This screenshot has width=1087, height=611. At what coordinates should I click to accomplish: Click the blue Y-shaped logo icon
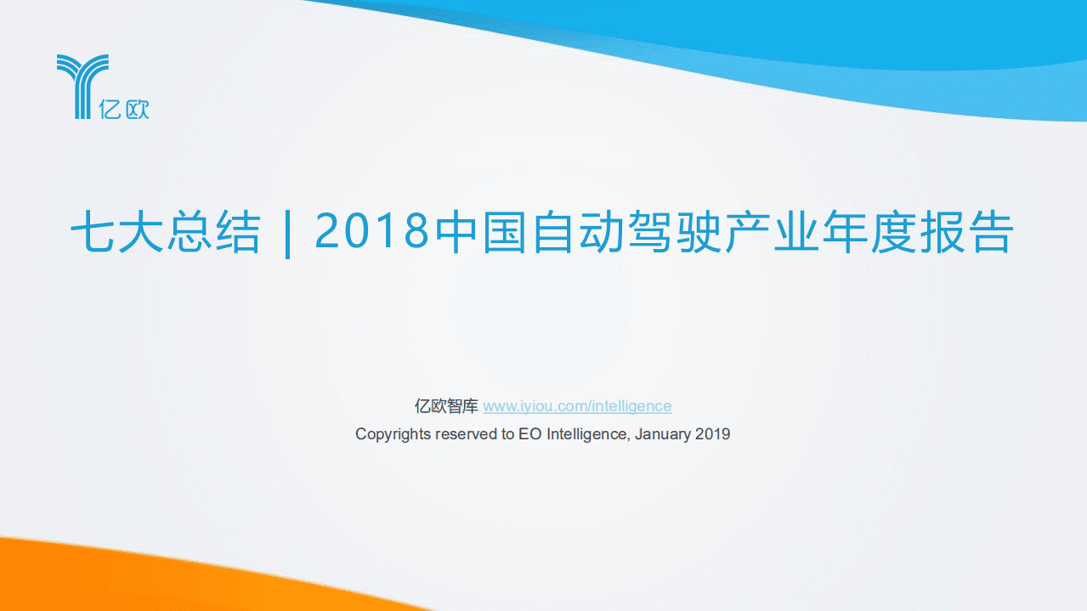[82, 85]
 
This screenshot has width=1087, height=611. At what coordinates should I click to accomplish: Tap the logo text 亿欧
[124, 109]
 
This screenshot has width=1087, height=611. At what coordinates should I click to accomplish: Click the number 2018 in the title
[371, 232]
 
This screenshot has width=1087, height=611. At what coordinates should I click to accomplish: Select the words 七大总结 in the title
[165, 232]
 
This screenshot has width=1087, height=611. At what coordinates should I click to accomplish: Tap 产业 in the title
[773, 232]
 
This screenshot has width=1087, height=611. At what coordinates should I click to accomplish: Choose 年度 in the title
[870, 232]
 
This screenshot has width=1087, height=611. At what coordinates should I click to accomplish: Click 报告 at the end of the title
[967, 232]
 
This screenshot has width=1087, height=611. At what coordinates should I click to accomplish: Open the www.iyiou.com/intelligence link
[577, 406]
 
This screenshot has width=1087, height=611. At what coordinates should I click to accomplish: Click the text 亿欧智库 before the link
[446, 406]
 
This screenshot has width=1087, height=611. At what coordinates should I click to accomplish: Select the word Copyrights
[393, 434]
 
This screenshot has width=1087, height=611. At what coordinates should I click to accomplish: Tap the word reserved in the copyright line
[467, 434]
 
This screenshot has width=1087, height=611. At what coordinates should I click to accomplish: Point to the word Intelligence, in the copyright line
[588, 434]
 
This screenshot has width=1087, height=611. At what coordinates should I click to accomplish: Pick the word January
[663, 434]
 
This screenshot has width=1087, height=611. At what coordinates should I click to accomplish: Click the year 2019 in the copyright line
[713, 434]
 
